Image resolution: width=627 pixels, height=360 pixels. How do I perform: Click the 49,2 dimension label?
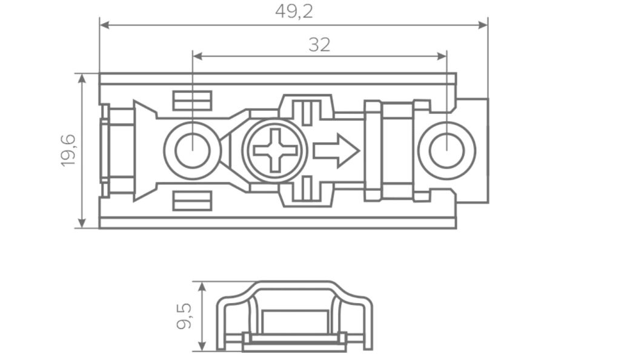click(x=294, y=11)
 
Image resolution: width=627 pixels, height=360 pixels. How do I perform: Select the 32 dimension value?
click(x=319, y=45)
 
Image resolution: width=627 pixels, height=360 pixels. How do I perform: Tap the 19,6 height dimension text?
click(x=68, y=151)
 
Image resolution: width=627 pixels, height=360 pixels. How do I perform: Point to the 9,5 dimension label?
click(x=184, y=316)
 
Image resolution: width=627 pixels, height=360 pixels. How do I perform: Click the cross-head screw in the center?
click(x=275, y=150)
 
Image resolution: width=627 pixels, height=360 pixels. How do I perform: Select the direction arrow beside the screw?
click(x=336, y=150)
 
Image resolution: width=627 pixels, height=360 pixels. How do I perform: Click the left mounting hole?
click(x=192, y=150)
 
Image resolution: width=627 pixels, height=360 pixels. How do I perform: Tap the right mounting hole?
click(x=446, y=151)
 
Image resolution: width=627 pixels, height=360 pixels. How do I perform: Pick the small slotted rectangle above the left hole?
click(x=192, y=101)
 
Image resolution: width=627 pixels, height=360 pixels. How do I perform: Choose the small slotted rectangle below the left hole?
click(x=192, y=201)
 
